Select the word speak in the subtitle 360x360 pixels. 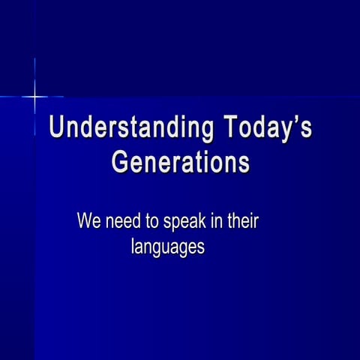[188, 223]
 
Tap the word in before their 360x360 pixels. [220, 222]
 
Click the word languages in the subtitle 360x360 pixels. [168, 246]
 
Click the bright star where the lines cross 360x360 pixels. [34, 97]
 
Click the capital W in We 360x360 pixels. [85, 222]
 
